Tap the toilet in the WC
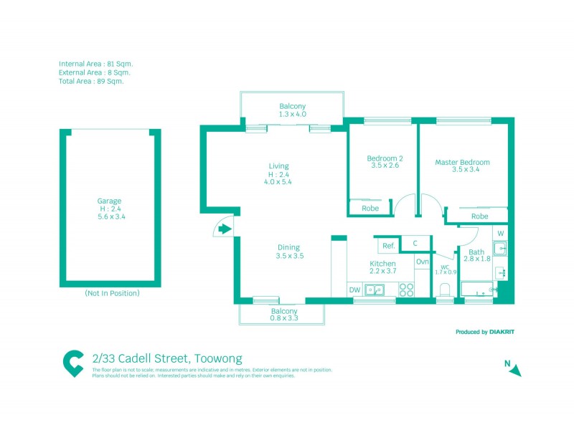tap(444, 290)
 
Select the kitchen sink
tap(374, 290)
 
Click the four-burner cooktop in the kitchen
tap(406, 290)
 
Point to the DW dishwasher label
tap(354, 290)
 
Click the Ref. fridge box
tap(388, 245)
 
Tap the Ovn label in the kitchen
tap(422, 262)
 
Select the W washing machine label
tap(501, 234)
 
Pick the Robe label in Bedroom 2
tap(370, 209)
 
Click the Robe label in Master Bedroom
tap(479, 216)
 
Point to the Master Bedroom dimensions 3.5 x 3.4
tap(462, 171)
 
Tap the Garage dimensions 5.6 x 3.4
tap(109, 216)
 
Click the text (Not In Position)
tap(112, 293)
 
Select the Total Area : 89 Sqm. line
tap(91, 81)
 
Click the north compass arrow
tap(515, 369)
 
